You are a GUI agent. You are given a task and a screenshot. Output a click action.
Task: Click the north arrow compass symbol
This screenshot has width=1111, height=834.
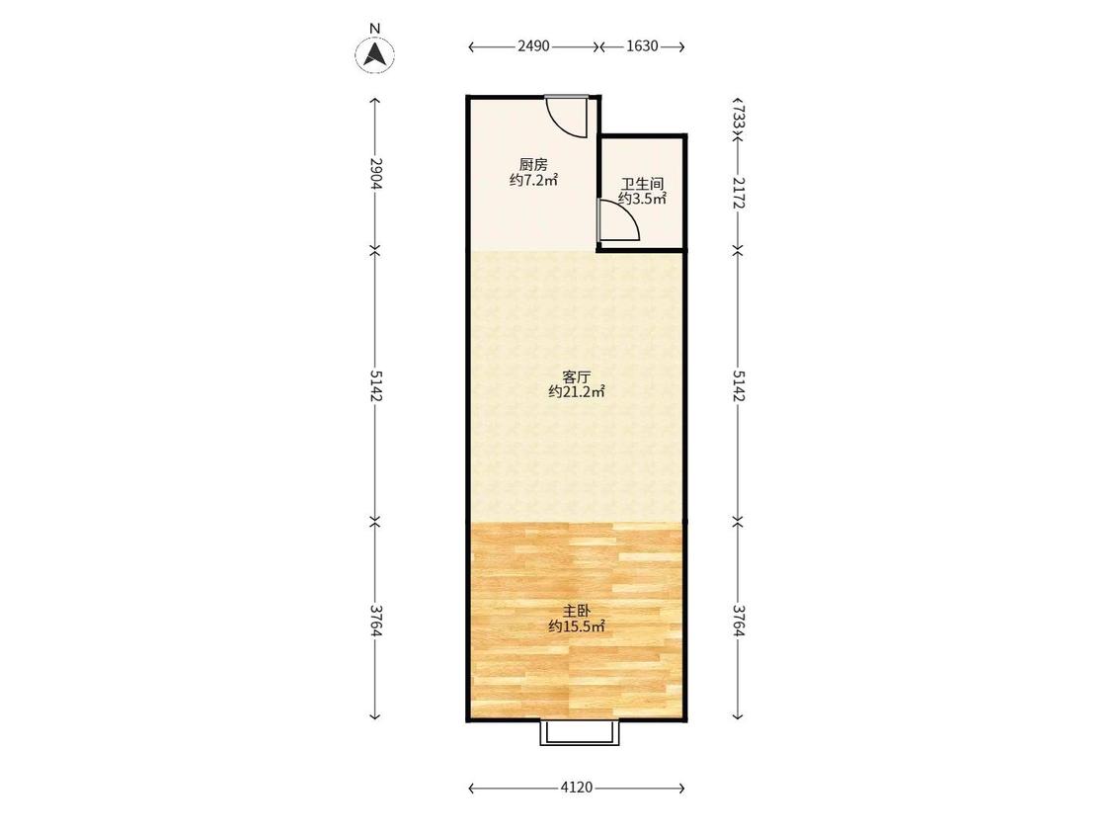pyautogui.click(x=375, y=54)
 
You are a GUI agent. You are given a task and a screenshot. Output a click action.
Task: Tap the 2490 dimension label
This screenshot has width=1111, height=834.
pyautogui.click(x=533, y=46)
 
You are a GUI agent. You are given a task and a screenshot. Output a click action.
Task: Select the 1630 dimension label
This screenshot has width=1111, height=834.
pyautogui.click(x=642, y=46)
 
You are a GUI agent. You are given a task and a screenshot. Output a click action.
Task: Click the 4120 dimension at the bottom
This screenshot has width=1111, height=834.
pyautogui.click(x=576, y=788)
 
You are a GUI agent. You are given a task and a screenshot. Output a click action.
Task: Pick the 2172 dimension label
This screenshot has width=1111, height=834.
pyautogui.click(x=738, y=193)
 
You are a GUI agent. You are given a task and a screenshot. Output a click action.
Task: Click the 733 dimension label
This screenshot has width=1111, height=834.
pyautogui.click(x=738, y=116)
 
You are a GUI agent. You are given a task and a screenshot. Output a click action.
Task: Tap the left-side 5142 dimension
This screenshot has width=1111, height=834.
pyautogui.click(x=375, y=385)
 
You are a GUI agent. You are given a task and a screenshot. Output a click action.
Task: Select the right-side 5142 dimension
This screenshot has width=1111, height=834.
pyautogui.click(x=738, y=385)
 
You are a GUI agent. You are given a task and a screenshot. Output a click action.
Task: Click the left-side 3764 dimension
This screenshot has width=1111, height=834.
pyautogui.click(x=375, y=620)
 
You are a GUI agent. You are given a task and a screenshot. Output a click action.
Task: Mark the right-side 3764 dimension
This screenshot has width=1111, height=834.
pyautogui.click(x=738, y=620)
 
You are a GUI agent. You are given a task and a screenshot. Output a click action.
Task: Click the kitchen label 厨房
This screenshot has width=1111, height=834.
pyautogui.click(x=533, y=165)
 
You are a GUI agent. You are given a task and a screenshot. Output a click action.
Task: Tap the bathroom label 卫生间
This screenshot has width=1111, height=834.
pyautogui.click(x=642, y=185)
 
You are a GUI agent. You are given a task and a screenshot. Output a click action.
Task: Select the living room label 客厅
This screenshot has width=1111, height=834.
pyautogui.click(x=576, y=376)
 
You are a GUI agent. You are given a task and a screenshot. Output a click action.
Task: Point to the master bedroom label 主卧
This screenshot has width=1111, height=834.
pyautogui.click(x=576, y=611)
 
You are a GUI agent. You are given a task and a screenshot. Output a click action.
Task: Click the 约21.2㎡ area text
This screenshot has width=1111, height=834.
pyautogui.click(x=576, y=391)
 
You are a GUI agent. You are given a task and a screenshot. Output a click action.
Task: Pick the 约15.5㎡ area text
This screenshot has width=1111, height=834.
pyautogui.click(x=576, y=626)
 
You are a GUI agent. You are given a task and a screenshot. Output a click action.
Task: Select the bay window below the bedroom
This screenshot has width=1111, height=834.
pyautogui.click(x=580, y=732)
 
